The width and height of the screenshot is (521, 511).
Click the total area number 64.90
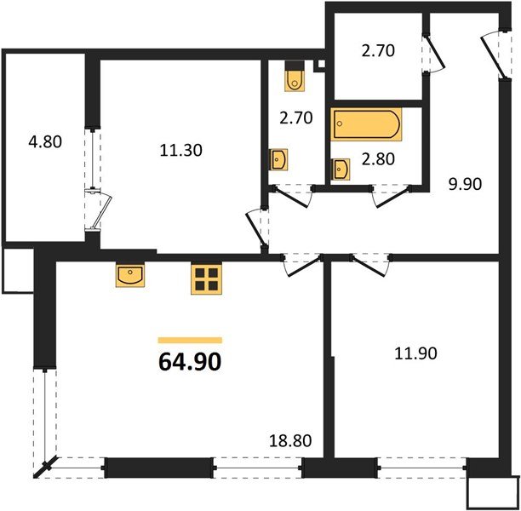coord(190,362)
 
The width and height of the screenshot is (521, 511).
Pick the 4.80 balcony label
coord(44,142)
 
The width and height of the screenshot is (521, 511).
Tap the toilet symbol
coord(295,77)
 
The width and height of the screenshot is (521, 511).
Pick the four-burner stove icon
coord(205,278)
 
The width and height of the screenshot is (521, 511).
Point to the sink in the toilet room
coord(279,159)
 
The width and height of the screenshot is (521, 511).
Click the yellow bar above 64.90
coord(190,340)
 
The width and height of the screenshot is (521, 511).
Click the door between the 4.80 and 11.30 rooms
coord(97,210)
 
